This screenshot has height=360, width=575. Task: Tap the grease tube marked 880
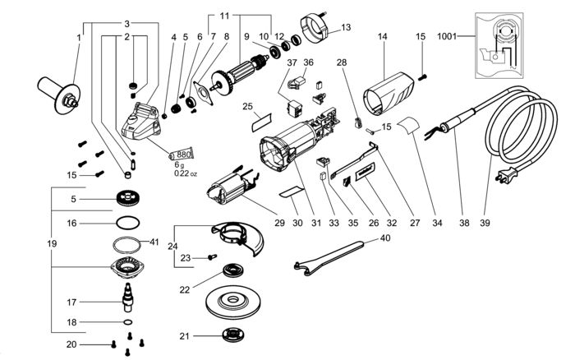tap(182, 155)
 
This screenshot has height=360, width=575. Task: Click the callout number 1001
tap(447, 36)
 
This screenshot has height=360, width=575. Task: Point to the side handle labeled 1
tap(59, 93)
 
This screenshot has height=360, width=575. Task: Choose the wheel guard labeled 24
tap(239, 237)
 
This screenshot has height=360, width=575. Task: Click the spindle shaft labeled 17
tap(126, 298)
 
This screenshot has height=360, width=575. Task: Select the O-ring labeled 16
tap(127, 223)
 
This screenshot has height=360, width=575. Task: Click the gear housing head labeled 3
tap(141, 122)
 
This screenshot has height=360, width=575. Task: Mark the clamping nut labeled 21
tap(233, 335)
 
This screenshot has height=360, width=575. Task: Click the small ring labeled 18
tap(127, 322)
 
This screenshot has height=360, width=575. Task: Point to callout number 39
tap(485, 223)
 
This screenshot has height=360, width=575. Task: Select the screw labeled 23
tap(212, 257)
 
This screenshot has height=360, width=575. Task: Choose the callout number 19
tap(52, 243)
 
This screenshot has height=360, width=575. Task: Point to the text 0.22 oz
tap(186, 173)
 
